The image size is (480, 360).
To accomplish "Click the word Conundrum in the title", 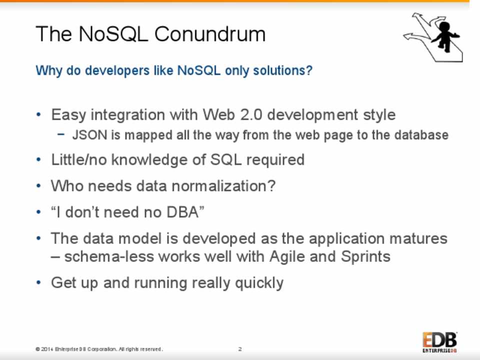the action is [x=209, y=33].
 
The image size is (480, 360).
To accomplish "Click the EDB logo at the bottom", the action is [x=440, y=342].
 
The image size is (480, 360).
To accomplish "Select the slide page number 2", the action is [x=240, y=349].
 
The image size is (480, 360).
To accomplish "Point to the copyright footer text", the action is [x=99, y=349].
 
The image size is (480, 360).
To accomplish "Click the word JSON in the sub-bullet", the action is [x=89, y=135].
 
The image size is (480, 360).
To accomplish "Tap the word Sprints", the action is [x=365, y=256].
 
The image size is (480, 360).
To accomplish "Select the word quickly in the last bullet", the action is [x=259, y=283].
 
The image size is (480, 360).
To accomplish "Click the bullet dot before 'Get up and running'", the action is [x=38, y=282].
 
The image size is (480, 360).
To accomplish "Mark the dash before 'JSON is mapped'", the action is [x=61, y=134].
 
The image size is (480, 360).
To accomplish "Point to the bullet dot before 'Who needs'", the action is [x=38, y=185].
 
